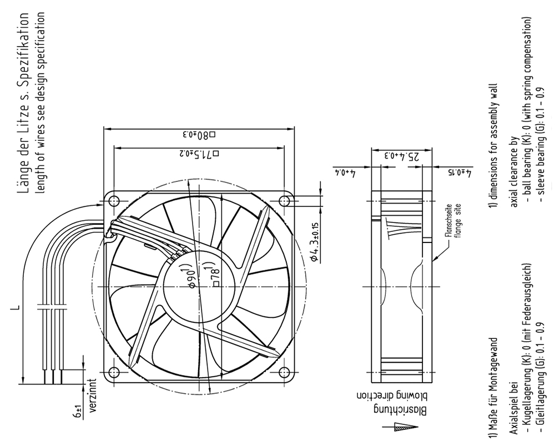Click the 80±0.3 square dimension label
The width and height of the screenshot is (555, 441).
click(199, 135)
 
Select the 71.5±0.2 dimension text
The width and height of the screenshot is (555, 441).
click(199, 154)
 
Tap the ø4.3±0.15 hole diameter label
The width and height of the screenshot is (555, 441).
click(314, 242)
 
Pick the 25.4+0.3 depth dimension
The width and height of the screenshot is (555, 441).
click(402, 156)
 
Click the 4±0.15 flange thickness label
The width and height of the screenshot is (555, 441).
click(460, 173)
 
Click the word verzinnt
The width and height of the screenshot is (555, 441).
click(93, 396)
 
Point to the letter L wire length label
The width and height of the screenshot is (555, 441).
click(14, 308)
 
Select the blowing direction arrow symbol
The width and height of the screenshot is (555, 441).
click(400, 427)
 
